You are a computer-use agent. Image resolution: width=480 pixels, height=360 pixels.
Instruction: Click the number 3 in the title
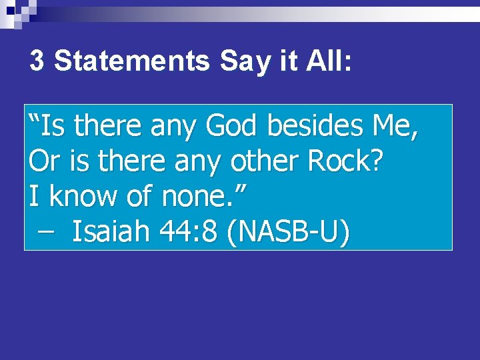tap(37, 61)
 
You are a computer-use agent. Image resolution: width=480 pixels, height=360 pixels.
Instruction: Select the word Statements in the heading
tap(131, 61)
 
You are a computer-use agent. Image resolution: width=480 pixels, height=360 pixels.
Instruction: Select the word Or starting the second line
tap(41, 162)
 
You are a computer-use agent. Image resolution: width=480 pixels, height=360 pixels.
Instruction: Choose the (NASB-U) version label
tap(287, 233)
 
